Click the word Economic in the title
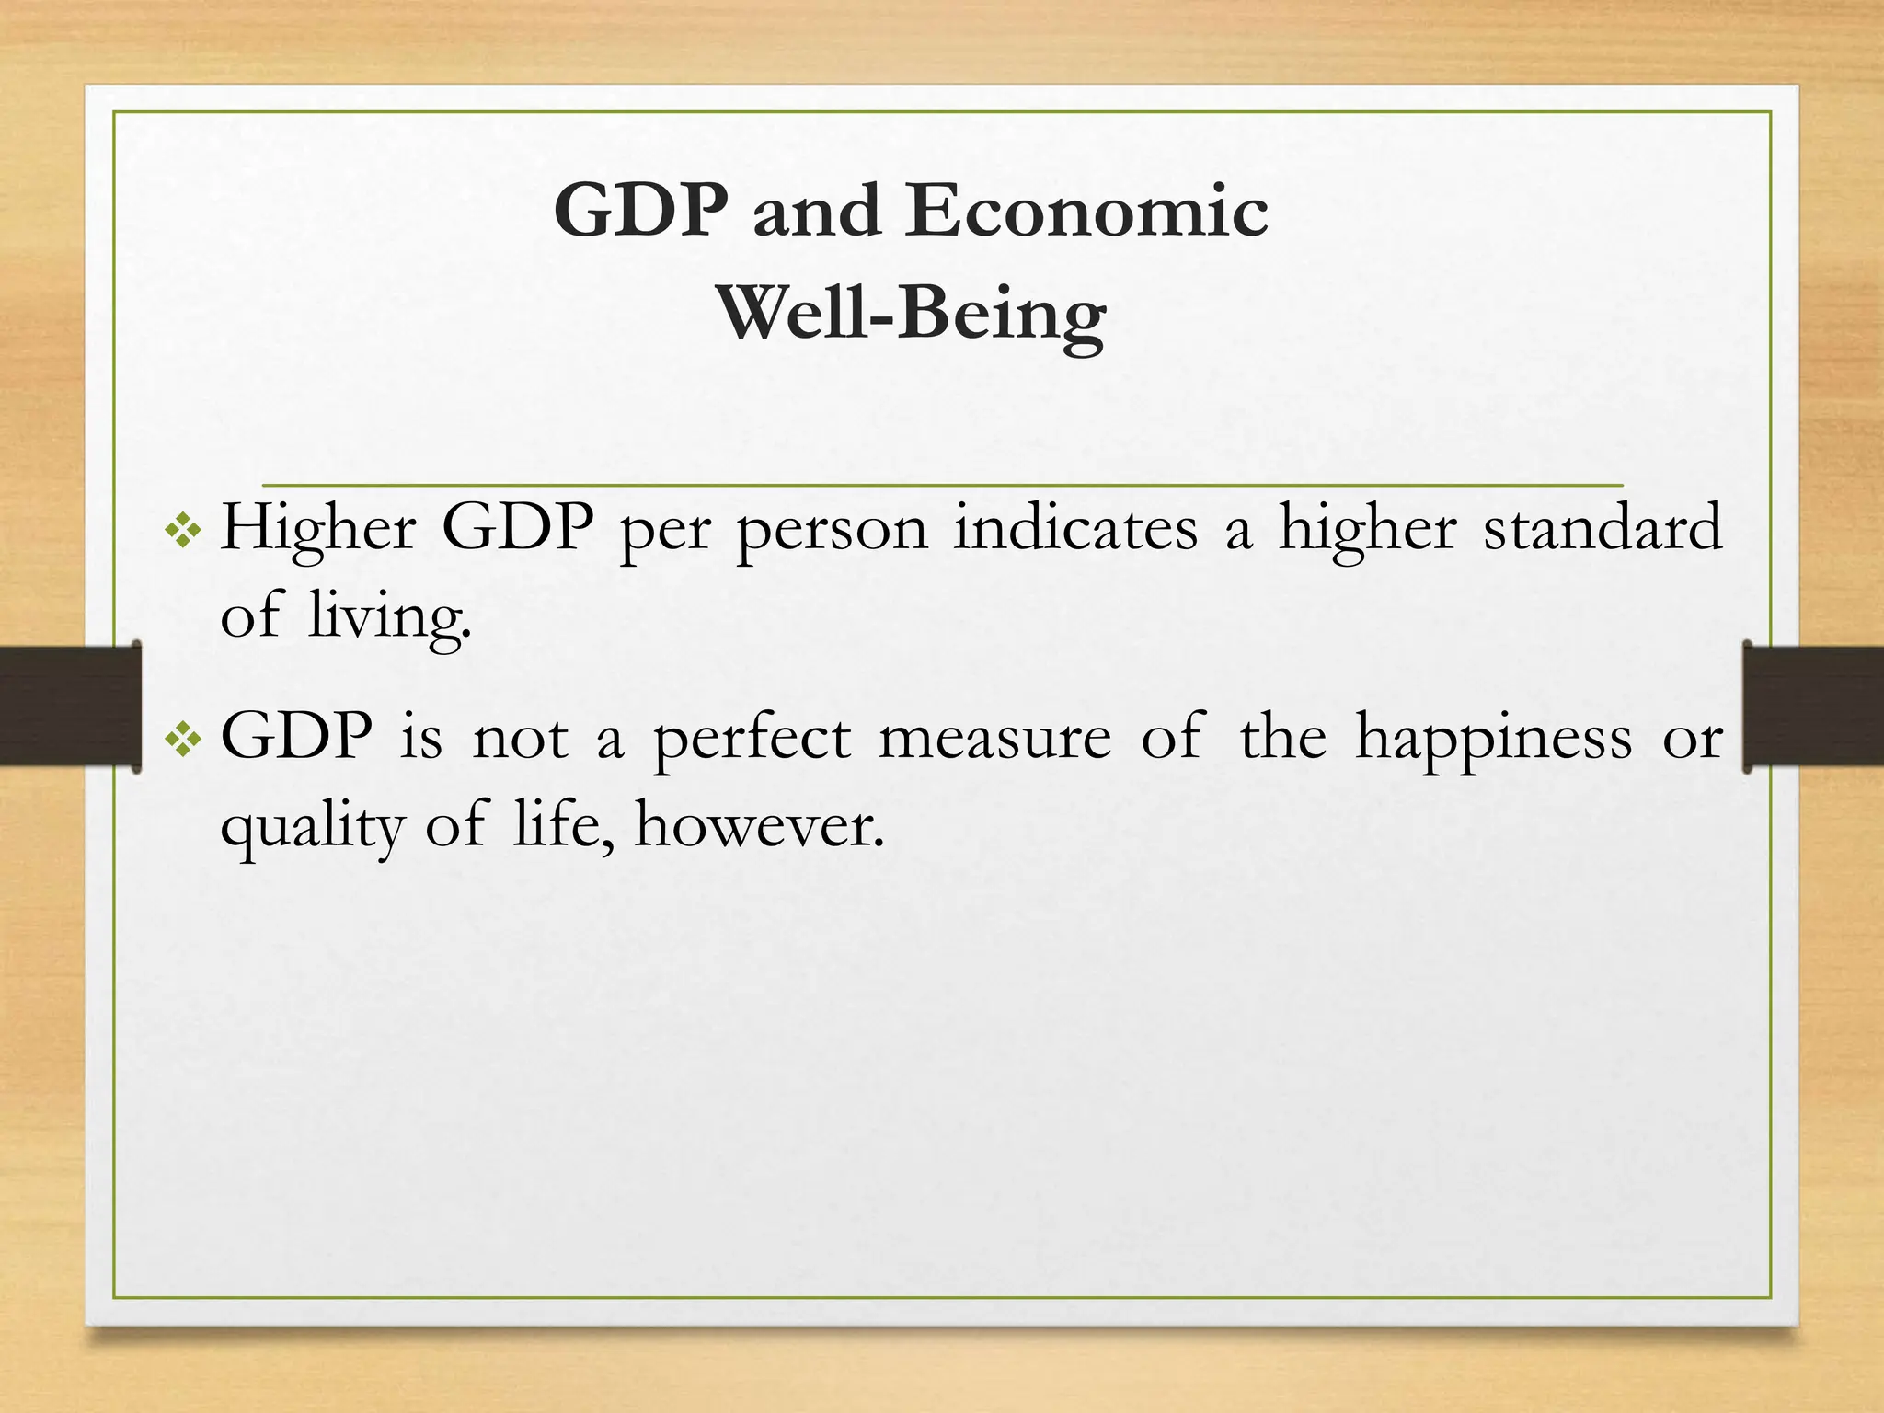click(1086, 211)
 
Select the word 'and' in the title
click(816, 211)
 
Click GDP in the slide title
click(640, 211)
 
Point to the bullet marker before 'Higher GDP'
click(182, 531)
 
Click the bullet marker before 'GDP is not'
click(182, 739)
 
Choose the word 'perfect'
click(752, 739)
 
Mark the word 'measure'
click(994, 739)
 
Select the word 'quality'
click(312, 826)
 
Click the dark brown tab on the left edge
click(70, 706)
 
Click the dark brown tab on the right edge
click(1813, 706)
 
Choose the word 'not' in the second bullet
click(520, 739)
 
